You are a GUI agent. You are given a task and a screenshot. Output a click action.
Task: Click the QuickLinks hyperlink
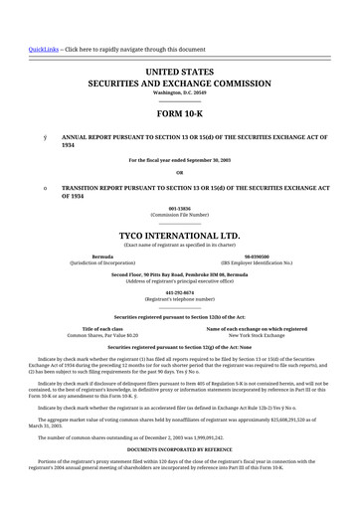pos(43,49)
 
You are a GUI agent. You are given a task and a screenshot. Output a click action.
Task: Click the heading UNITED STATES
pos(179,73)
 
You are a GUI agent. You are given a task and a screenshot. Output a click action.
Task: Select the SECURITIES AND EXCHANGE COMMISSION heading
pos(179,85)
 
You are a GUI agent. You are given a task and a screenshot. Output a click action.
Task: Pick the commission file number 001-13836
pos(179,208)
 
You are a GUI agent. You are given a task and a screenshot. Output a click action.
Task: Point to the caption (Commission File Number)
pos(179,214)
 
